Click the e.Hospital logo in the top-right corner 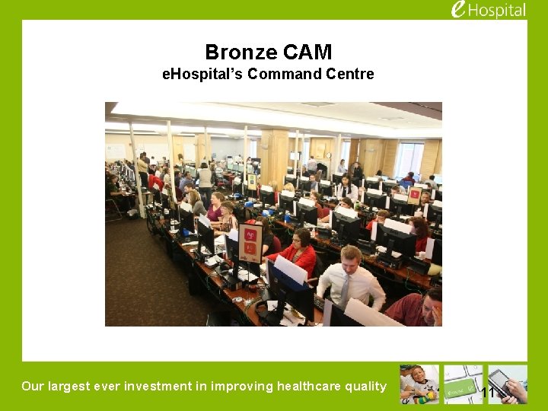tap(488, 10)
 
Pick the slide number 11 tap(488, 393)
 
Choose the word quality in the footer tap(365, 386)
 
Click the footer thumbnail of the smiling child tap(419, 384)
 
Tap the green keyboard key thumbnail tap(463, 384)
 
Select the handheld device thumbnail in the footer tap(508, 384)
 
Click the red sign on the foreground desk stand tap(250, 242)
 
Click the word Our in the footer tap(33, 386)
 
